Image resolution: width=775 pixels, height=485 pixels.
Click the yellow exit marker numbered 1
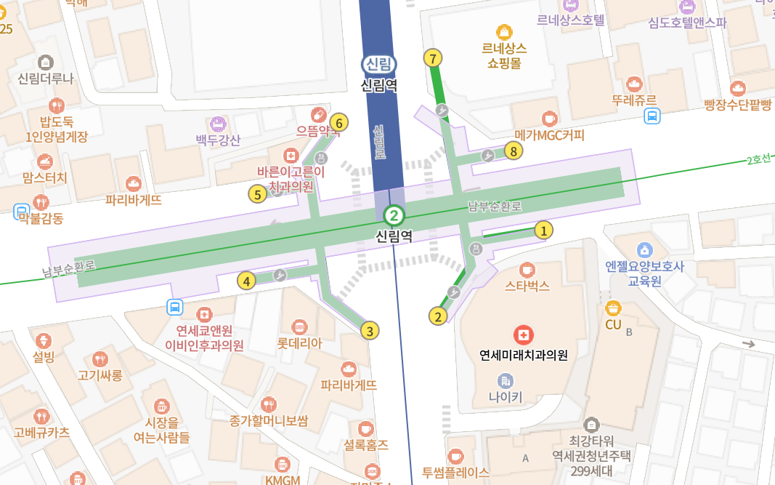click(543, 231)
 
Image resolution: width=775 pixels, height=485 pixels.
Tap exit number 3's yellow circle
click(370, 331)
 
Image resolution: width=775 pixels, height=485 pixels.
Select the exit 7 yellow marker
click(433, 58)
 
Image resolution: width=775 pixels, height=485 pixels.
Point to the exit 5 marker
click(256, 194)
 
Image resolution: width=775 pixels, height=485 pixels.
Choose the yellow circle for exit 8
click(514, 151)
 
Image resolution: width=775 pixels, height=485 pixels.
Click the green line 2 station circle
click(393, 215)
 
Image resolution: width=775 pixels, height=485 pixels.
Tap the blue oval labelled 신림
click(378, 65)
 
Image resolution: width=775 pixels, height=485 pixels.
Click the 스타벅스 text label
click(527, 286)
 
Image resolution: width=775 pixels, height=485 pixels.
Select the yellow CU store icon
click(614, 308)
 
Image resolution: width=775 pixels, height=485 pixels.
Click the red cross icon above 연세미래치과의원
click(523, 335)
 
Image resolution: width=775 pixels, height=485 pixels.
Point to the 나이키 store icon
click(506, 380)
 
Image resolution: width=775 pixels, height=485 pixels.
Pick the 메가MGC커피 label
click(549, 135)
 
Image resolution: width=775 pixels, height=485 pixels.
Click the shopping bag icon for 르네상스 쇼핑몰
click(504, 31)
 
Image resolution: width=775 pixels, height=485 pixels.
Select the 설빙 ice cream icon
click(44, 340)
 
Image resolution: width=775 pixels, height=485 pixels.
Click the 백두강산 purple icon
click(218, 122)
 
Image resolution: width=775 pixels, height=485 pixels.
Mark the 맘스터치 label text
click(44, 177)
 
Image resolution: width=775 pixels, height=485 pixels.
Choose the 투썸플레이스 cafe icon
click(456, 456)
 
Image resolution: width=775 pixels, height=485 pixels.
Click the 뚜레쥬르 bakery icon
click(634, 84)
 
